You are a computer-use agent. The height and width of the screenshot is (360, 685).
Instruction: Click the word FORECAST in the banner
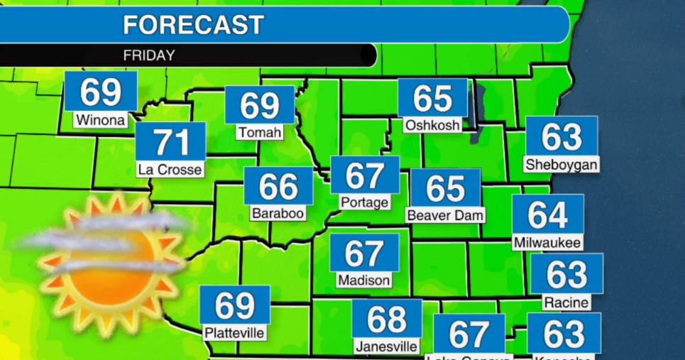[x=193, y=25]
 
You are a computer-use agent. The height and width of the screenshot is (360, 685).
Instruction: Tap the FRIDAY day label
[x=148, y=55]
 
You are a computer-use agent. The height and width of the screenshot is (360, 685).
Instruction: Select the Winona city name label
[x=100, y=120]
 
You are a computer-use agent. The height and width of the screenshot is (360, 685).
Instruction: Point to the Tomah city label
[x=260, y=133]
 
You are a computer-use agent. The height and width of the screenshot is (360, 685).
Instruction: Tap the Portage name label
[x=364, y=202]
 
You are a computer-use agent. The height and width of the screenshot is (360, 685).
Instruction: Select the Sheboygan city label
[x=561, y=165]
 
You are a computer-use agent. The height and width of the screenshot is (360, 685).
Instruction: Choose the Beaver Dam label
[x=445, y=214]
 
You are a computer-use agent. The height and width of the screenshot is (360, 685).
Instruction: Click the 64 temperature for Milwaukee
[x=547, y=214]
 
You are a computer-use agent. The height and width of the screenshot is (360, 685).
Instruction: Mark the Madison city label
[x=364, y=280]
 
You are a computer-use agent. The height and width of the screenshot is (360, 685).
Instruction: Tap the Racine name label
[x=566, y=302]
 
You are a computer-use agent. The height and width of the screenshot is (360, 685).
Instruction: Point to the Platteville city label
[x=234, y=332]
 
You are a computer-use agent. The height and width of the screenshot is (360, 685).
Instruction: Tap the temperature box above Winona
[x=99, y=91]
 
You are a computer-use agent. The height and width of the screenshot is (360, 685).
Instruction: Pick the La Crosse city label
[x=170, y=170]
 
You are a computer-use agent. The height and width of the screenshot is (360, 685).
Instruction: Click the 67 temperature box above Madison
[x=364, y=253]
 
